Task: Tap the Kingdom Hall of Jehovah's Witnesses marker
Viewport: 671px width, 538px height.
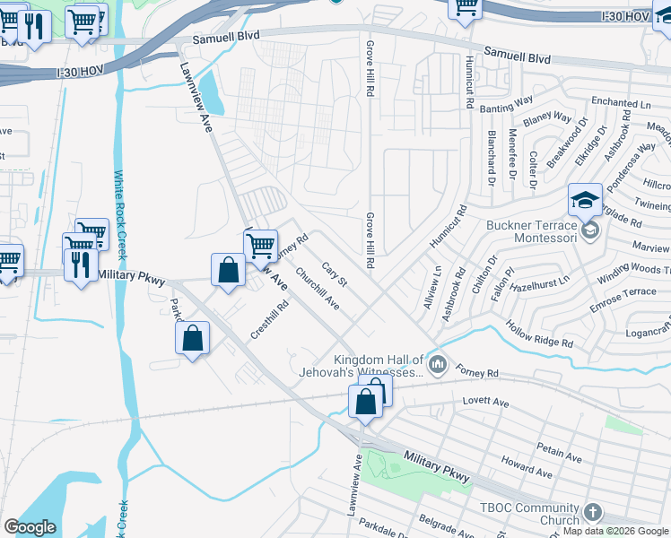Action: tap(438, 363)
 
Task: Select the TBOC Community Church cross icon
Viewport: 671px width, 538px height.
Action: tap(590, 514)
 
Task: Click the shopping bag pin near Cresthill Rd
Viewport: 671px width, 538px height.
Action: tap(193, 338)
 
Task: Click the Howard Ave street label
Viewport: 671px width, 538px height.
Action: tap(527, 466)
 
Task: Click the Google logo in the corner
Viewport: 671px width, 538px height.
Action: tap(30, 527)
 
